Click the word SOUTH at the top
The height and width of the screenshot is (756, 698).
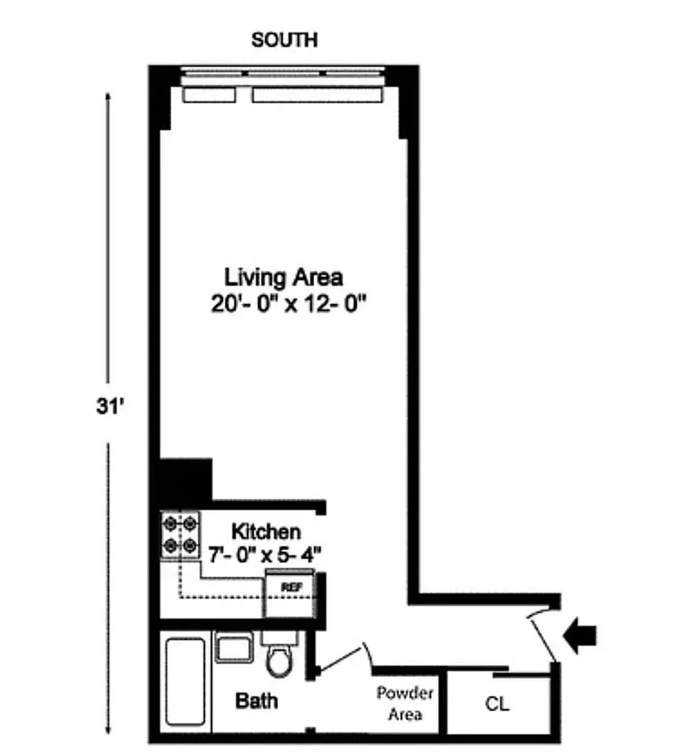click(x=285, y=40)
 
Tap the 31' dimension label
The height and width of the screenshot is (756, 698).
click(x=110, y=406)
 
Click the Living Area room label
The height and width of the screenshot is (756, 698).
click(x=283, y=278)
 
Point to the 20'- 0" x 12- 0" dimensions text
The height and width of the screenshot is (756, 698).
click(x=288, y=304)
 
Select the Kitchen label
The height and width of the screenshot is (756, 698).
click(x=266, y=532)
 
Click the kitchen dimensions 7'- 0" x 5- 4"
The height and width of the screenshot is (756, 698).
click(x=265, y=554)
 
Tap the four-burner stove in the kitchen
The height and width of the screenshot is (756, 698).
click(x=180, y=534)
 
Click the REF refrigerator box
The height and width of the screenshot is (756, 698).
click(x=289, y=593)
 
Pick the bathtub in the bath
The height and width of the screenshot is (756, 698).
click(x=185, y=681)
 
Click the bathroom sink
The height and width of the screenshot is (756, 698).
click(x=234, y=647)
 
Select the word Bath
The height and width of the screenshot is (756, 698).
click(x=257, y=701)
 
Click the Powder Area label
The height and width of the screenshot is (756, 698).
click(x=405, y=704)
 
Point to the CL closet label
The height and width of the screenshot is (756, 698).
click(x=497, y=704)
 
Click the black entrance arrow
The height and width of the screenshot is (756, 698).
click(x=580, y=636)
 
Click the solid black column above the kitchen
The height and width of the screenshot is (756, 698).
click(x=185, y=480)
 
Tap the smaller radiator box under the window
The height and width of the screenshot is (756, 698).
click(x=209, y=95)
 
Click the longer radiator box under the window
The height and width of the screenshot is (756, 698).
click(x=317, y=95)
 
